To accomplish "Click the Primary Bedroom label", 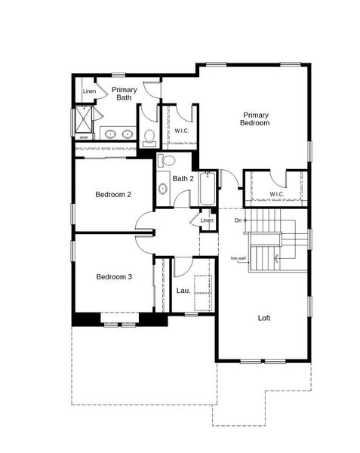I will point(255,119).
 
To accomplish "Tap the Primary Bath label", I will point(124,94).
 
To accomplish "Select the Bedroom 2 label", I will point(113,195).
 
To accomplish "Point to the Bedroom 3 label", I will point(114,277).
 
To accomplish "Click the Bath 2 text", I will point(183,179).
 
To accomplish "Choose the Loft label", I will point(263,318).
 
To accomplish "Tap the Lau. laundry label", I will point(183,291).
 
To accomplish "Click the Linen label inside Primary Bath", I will point(89,92).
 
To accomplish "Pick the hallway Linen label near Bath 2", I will point(207,220).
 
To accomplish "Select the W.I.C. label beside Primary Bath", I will point(181,131).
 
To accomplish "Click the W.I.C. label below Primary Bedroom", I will point(277,195).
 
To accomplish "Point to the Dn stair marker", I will point(238,220).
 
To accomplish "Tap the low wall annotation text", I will point(238,259).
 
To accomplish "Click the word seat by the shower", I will point(83,137).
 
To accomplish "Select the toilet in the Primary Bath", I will point(148,136).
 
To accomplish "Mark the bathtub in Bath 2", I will point(206,189).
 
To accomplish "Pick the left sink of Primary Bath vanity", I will point(110,134).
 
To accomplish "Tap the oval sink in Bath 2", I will point(162,189).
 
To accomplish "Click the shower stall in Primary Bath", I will point(83,119).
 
